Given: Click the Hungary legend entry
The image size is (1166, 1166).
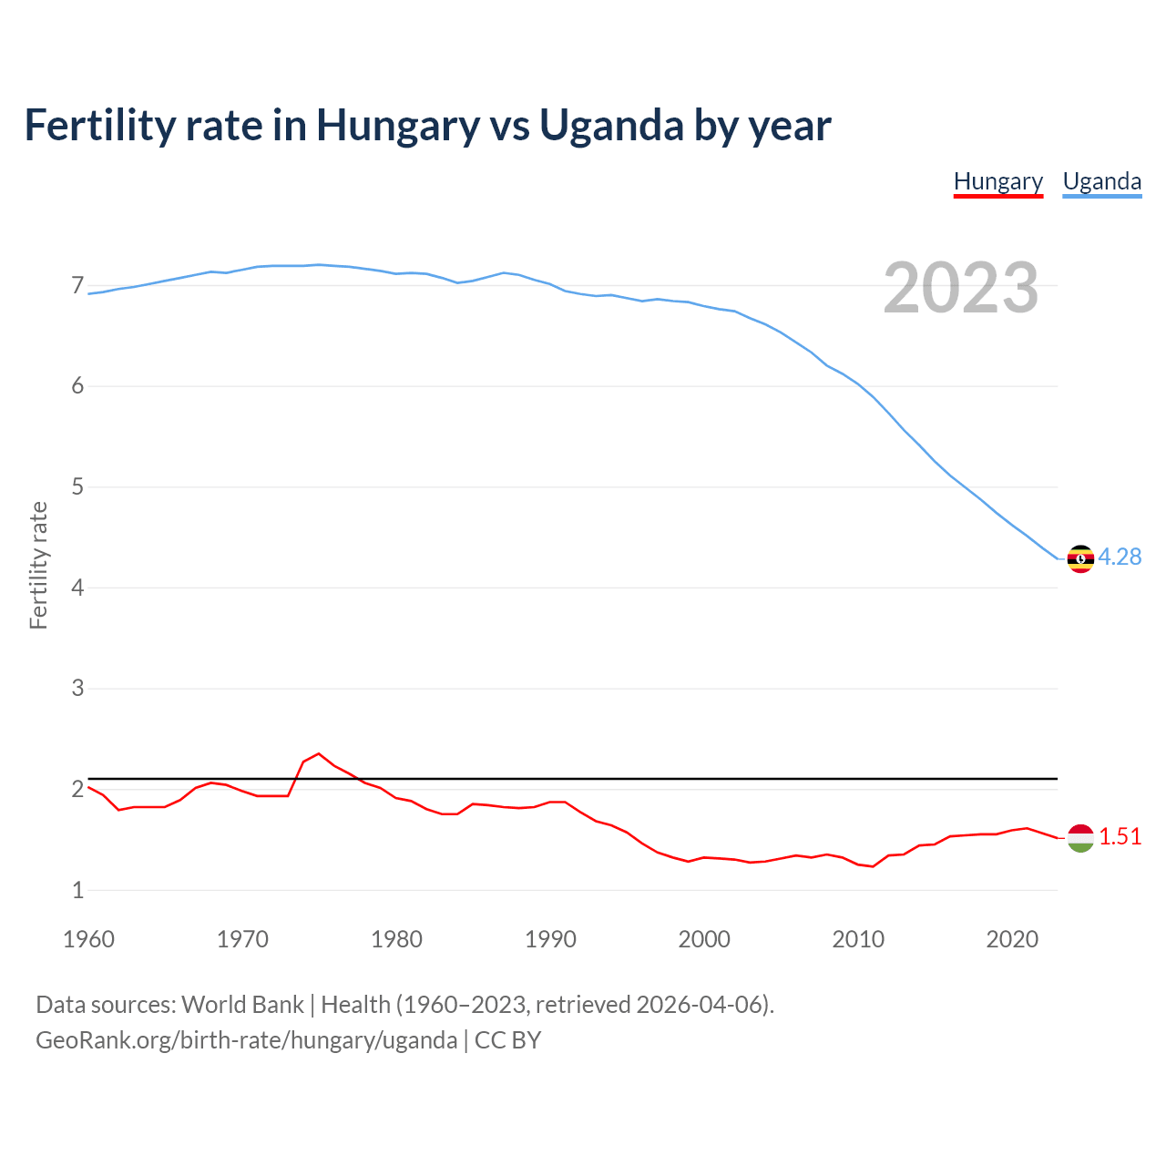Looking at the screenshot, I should tap(997, 181).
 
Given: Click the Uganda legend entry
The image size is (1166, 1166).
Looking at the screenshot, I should tap(1101, 181).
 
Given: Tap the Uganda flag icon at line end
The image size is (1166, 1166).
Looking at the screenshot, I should tap(1080, 558).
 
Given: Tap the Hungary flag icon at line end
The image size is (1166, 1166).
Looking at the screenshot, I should tap(1080, 837).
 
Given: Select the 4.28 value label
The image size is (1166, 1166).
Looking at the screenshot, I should tap(1120, 557).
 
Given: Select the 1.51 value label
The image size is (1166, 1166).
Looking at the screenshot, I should tap(1120, 837).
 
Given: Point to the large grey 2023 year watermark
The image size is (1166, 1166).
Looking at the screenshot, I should tap(960, 289).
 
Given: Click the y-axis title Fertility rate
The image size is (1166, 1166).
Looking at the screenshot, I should tap(38, 565).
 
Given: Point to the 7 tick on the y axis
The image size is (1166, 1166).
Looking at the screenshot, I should tap(77, 286).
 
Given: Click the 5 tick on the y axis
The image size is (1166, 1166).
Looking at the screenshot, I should tap(77, 487).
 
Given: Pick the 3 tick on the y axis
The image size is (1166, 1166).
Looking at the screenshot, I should tap(77, 689).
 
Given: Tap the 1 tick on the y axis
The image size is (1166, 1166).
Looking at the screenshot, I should tap(77, 890).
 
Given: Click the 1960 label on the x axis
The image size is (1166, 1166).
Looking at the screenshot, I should tap(88, 939).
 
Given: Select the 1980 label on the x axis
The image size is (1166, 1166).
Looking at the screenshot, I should tap(396, 939).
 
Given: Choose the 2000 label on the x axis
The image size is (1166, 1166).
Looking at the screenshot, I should tap(704, 939).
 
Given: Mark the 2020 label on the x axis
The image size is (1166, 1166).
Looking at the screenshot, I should tap(1012, 939).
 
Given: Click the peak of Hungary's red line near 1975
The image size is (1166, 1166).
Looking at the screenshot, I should tap(318, 754).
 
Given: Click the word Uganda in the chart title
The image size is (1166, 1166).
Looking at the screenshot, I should tap(611, 126).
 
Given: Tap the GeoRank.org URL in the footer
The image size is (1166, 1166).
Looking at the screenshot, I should tap(246, 1040).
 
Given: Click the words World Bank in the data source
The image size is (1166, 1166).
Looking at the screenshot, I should tap(242, 1005).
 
